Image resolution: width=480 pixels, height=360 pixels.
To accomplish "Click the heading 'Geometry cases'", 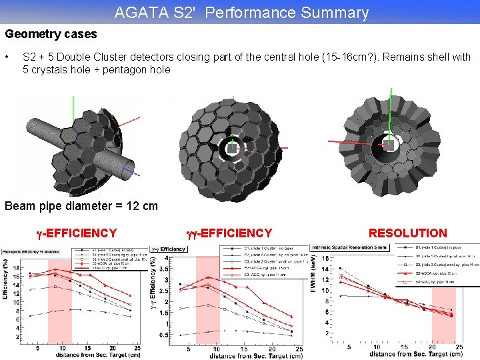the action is click(51, 34).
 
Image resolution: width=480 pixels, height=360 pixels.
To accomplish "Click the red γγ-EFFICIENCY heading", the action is click(229, 233).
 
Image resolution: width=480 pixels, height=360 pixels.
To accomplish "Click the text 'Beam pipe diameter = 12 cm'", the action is click(81, 205).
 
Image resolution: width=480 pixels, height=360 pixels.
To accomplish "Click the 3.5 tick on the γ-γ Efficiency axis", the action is click(171, 269).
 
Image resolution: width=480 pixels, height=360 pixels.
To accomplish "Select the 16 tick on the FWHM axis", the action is click(325, 258).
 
